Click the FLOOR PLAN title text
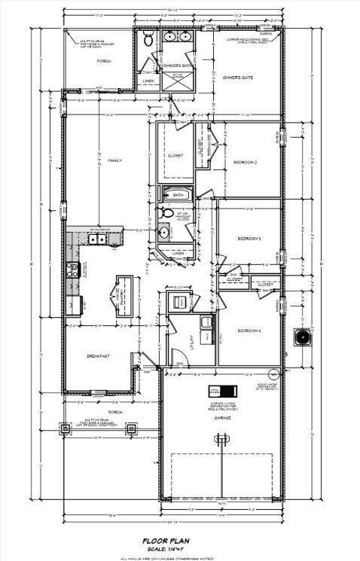point(179,541)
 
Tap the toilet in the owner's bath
point(148,38)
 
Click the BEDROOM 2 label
point(246,163)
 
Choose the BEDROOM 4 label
point(249,331)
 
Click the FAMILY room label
point(114,160)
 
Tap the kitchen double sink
point(98,239)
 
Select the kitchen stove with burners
point(73,270)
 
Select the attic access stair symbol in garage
point(223,391)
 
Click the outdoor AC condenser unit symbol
point(304,336)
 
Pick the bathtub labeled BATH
point(178,194)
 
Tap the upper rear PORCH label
point(105,62)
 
